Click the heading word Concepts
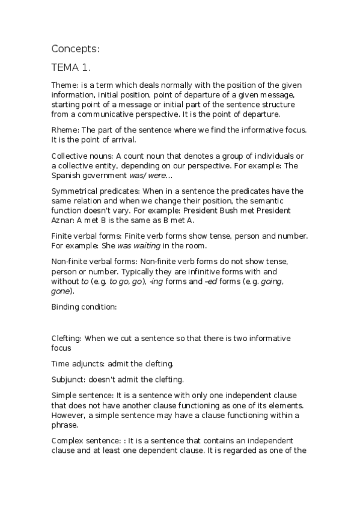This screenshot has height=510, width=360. click(x=75, y=48)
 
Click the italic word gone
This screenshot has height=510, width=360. click(x=61, y=291)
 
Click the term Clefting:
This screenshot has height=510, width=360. click(x=67, y=339)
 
